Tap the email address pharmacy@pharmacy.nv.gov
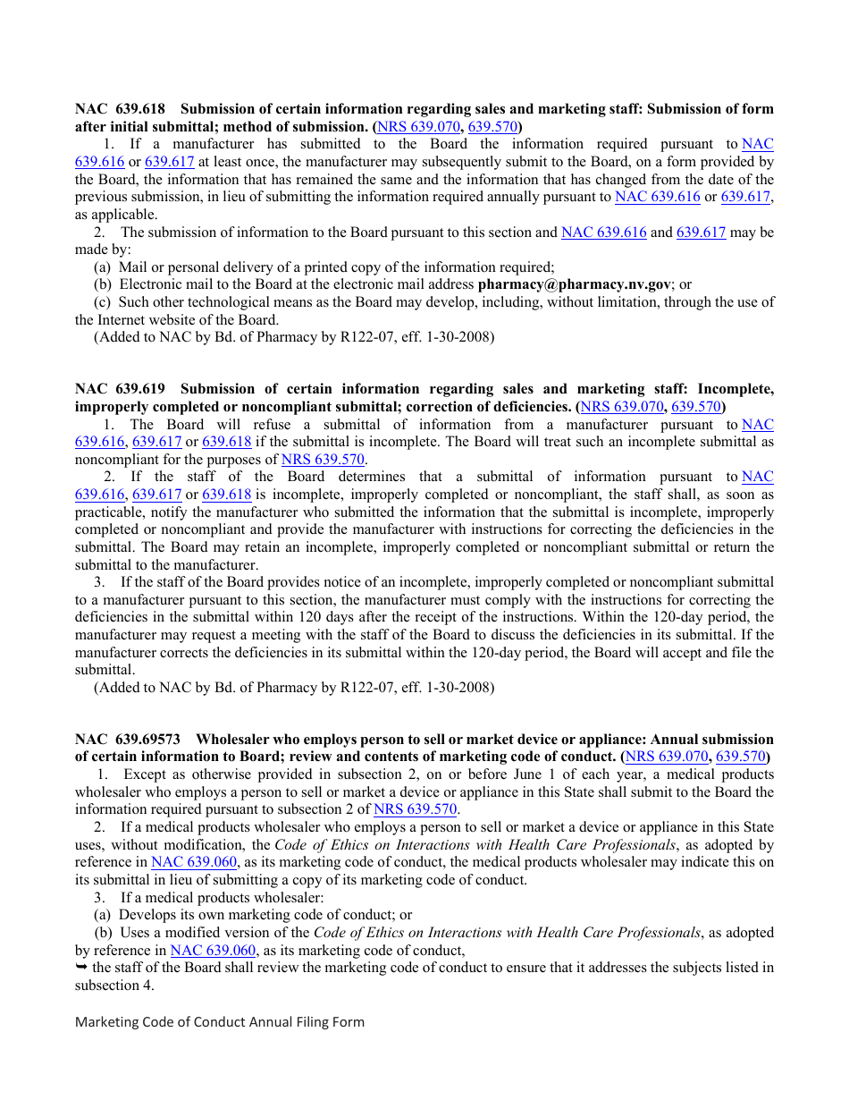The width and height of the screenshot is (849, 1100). click(574, 284)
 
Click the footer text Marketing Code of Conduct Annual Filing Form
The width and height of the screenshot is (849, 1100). click(220, 1022)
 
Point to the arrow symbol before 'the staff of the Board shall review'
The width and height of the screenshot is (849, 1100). click(81, 968)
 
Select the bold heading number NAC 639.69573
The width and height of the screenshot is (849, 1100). click(128, 740)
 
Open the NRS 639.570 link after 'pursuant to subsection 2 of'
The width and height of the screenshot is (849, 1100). click(416, 809)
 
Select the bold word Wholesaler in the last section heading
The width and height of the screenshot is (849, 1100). click(232, 740)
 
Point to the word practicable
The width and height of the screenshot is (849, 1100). click(112, 512)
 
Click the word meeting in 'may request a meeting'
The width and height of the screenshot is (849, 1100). click(269, 635)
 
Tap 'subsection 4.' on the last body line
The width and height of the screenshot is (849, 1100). click(114, 985)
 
